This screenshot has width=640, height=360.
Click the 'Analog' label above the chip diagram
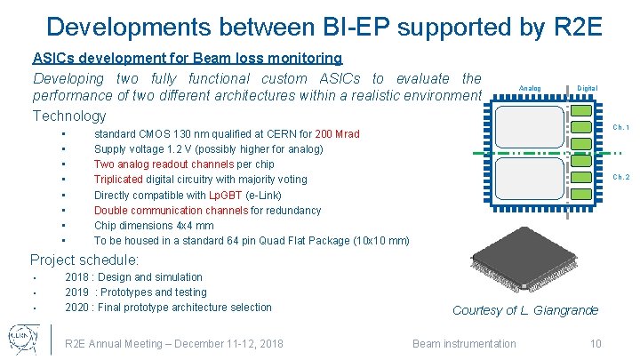529,88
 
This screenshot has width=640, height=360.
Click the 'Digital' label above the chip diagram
588,88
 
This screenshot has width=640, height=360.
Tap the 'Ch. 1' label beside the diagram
621,128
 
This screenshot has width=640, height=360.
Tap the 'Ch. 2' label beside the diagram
621,177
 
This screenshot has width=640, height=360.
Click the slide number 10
596,344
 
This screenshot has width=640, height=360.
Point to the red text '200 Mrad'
339,134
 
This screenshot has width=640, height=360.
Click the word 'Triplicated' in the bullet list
118,180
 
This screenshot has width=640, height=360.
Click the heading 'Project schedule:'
84,260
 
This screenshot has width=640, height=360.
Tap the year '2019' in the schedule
77,292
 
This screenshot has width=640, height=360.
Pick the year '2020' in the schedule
77,308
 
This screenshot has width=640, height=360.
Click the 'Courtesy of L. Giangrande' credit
525,310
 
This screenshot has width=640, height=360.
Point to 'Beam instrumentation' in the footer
464,344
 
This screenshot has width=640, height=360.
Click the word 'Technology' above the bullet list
68,116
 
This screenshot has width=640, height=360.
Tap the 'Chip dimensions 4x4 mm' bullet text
154,226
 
